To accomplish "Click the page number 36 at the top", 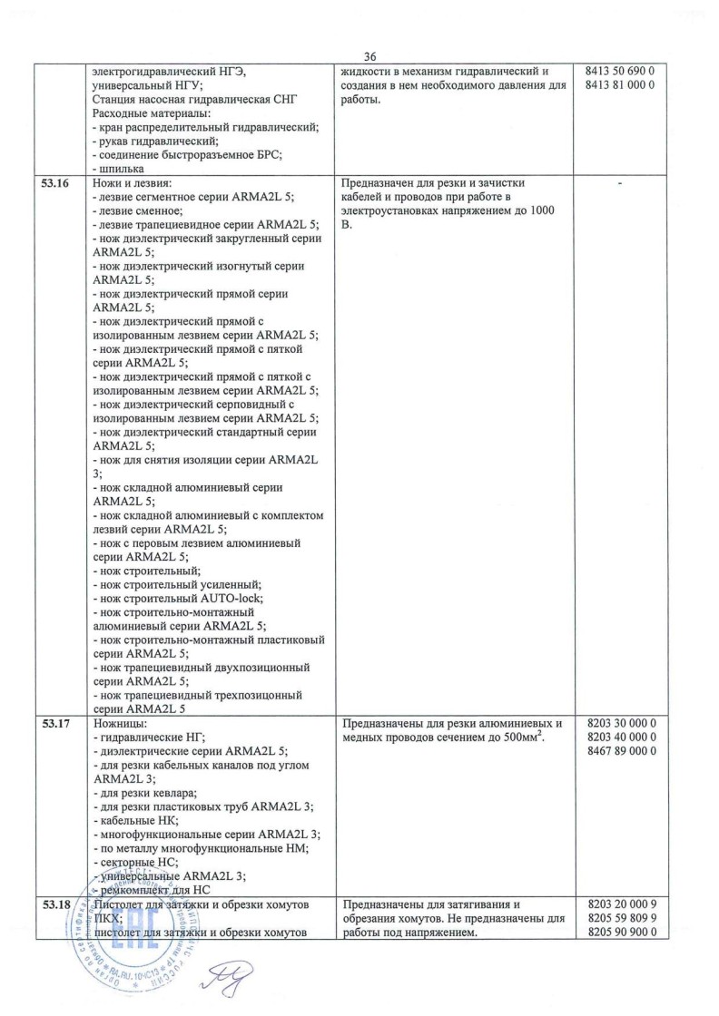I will click(x=369, y=54).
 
